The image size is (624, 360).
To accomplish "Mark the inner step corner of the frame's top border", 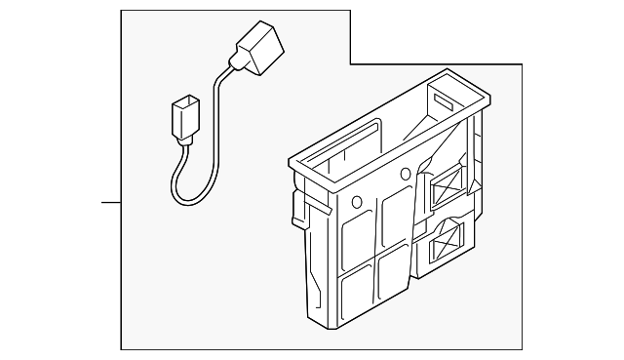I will (349, 63).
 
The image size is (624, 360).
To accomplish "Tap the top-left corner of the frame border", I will (121, 11).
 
